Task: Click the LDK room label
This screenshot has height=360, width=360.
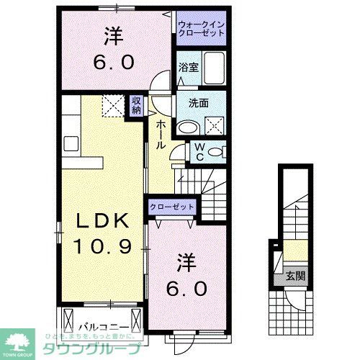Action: (99, 221)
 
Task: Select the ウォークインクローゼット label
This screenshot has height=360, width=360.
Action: (202, 30)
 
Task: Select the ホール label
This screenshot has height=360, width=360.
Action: (160, 133)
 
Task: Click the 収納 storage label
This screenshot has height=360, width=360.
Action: (136, 105)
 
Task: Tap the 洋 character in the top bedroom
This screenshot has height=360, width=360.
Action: (112, 34)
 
